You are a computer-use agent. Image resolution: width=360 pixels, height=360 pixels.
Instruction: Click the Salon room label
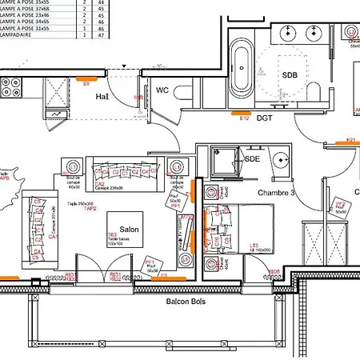tap(130, 230)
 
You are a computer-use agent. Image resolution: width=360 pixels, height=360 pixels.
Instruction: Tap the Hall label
tap(102, 96)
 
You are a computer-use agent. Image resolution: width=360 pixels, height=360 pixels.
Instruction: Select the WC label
tap(162, 90)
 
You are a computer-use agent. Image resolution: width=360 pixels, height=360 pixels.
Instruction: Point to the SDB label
tap(290, 74)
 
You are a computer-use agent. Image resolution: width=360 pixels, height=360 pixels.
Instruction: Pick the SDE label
tap(253, 159)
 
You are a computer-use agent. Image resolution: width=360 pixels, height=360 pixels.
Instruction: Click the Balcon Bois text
tap(185, 302)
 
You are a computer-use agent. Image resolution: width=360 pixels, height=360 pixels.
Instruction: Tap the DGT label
tap(265, 118)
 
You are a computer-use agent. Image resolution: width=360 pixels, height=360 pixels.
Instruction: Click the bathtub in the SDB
tap(240, 69)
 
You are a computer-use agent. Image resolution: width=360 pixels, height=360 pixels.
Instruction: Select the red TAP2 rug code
tap(90, 209)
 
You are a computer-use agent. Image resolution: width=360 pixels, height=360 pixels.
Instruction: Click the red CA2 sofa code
tap(101, 183)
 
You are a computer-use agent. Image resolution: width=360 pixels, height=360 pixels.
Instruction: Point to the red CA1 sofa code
tap(53, 237)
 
